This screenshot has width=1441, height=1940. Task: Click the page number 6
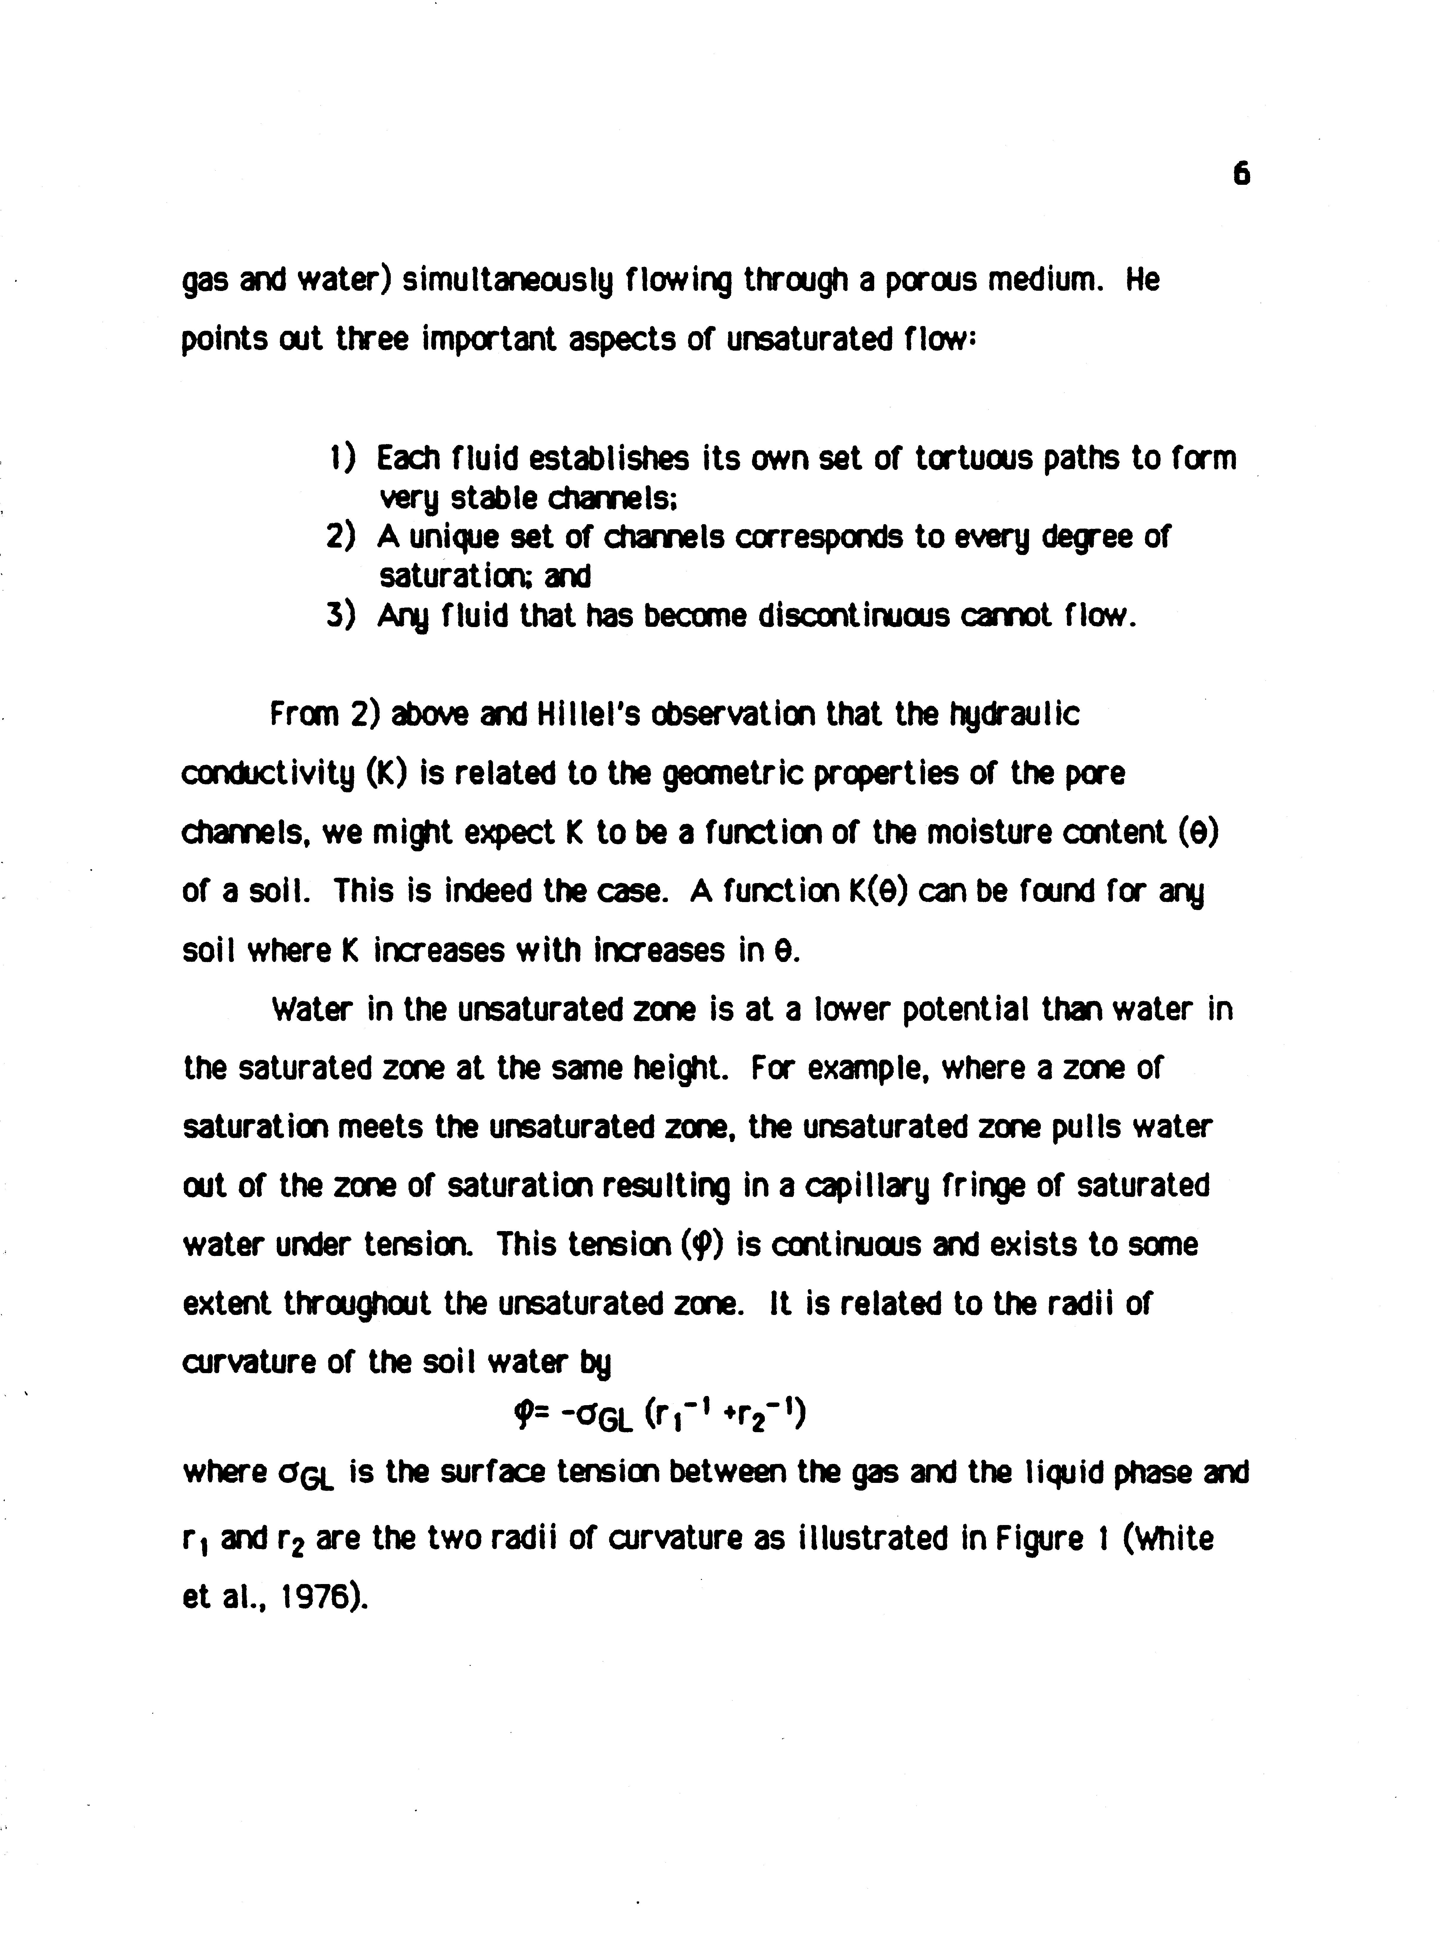click(1242, 175)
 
